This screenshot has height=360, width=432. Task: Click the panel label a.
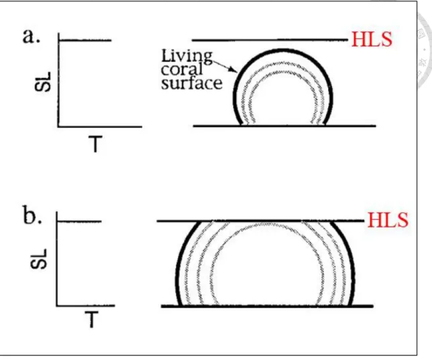tap(31, 36)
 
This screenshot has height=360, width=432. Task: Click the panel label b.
tap(32, 215)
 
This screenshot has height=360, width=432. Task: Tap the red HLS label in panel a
tap(372, 40)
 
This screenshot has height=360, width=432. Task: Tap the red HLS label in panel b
tap(388, 220)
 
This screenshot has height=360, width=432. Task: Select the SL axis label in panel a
tap(43, 82)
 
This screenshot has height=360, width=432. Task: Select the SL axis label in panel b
tap(39, 259)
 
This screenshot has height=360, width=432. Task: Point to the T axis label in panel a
tap(95, 143)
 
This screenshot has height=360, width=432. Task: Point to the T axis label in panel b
tap(91, 320)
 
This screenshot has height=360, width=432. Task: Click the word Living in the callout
tap(186, 56)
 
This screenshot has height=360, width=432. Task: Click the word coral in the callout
tap(182, 69)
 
